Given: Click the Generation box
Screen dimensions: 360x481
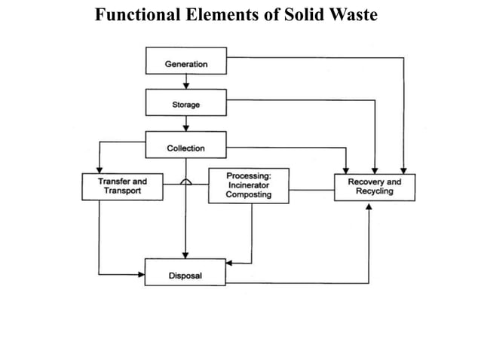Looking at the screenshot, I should pyautogui.click(x=185, y=64).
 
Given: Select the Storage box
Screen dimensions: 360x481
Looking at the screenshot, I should pyautogui.click(x=185, y=105).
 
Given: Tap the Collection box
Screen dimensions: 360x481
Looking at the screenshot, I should pyautogui.click(x=185, y=148).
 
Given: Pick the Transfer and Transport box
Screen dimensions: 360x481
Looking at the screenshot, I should pyautogui.click(x=122, y=187).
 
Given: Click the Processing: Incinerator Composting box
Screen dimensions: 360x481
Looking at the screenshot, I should pyautogui.click(x=249, y=185).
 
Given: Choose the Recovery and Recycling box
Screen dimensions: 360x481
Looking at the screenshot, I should pyautogui.click(x=374, y=187).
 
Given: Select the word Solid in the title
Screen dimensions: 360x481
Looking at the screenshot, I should pyautogui.click(x=303, y=14).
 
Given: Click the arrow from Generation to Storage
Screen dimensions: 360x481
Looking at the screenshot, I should pyautogui.click(x=185, y=83).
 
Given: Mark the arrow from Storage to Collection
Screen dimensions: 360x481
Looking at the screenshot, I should pyautogui.click(x=185, y=125).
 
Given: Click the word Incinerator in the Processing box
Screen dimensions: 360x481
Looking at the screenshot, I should pyautogui.click(x=249, y=185).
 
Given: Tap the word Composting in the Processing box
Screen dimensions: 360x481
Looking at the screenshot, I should pyautogui.click(x=249, y=195).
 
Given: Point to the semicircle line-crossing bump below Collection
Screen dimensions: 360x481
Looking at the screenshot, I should pyautogui.click(x=185, y=182).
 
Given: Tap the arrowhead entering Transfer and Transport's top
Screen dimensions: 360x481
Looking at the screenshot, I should pyautogui.click(x=99, y=169).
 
